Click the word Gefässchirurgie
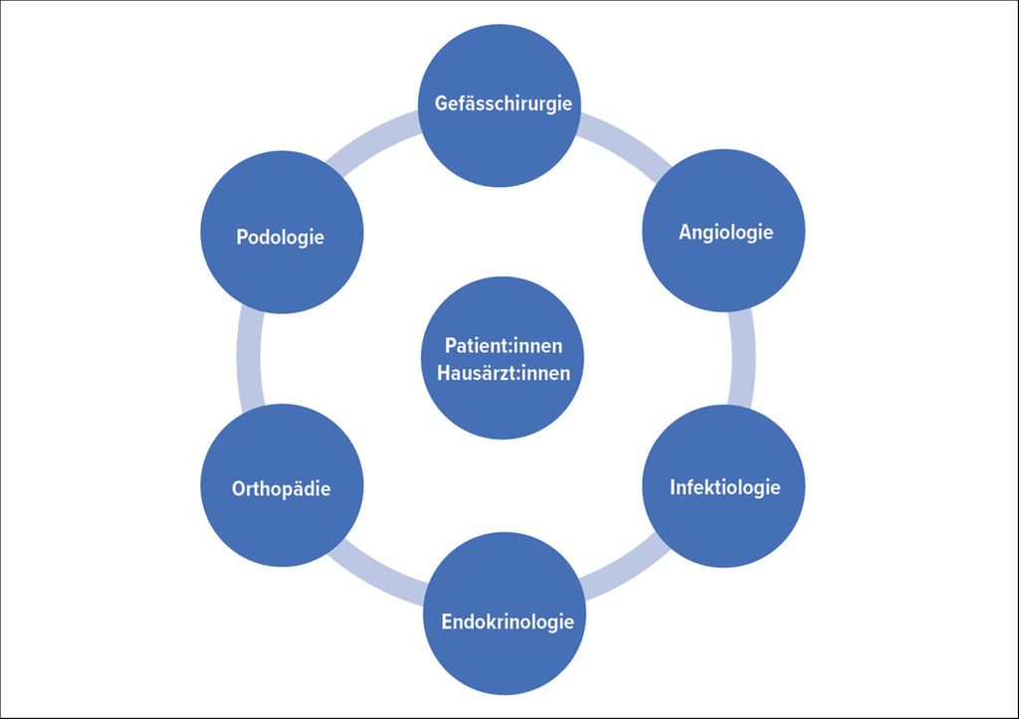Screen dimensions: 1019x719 coord(503,103)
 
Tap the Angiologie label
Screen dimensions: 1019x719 coord(725,232)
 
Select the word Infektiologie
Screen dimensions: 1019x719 coord(725,487)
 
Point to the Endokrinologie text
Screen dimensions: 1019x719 coord(508,622)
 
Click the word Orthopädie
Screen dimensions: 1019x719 coord(281,488)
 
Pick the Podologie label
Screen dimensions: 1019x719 coord(280,237)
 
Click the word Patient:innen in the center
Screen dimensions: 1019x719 coord(504,345)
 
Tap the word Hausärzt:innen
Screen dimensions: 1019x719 coord(504,373)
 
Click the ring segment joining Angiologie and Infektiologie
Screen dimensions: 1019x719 coord(742,358)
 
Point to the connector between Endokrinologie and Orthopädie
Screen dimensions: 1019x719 coord(377,572)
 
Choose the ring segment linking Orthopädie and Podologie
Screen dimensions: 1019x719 coord(249,359)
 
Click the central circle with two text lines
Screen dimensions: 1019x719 coord(503,358)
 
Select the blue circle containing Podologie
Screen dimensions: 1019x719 coord(282,232)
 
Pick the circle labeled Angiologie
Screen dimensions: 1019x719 coord(723,231)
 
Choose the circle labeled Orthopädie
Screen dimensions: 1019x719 coord(282,485)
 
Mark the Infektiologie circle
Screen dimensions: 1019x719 coord(723,486)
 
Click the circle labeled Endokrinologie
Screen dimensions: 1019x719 coord(505,614)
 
